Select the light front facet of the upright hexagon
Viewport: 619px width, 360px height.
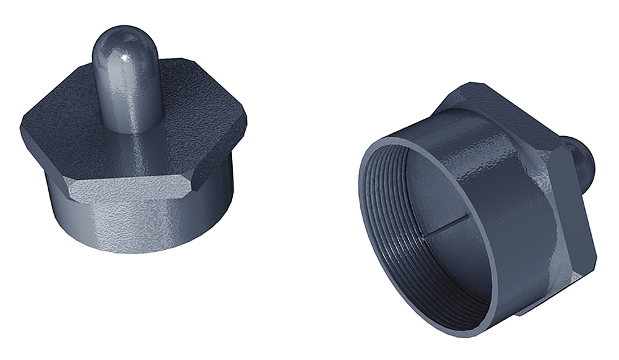point(130,188)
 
